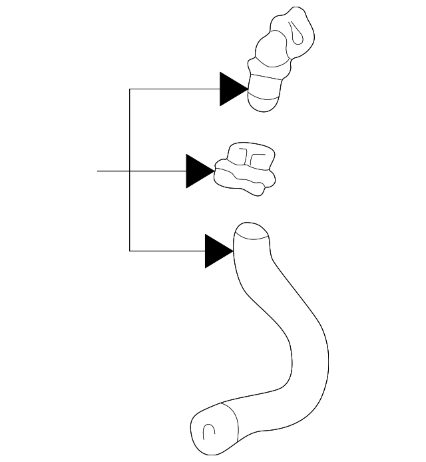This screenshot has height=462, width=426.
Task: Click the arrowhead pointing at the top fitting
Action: (232, 89)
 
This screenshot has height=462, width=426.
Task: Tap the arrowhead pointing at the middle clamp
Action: (198, 171)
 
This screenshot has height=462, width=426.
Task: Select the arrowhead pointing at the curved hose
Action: (217, 251)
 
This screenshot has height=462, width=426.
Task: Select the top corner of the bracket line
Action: (130, 89)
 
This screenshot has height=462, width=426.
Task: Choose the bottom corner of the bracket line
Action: (130, 251)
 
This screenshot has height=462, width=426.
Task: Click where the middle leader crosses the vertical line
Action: (130, 171)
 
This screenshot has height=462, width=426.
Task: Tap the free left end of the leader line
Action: (99, 171)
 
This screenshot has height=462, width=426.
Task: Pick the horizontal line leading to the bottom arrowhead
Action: (166, 251)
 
